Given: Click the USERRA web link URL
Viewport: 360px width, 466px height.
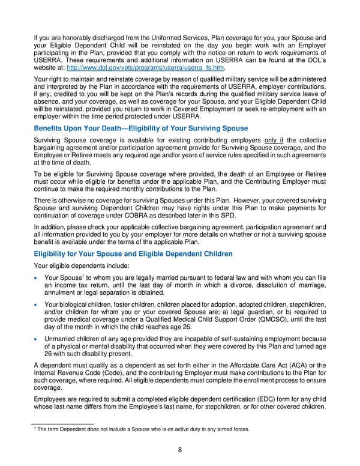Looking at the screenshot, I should pyautogui.click(x=136, y=67).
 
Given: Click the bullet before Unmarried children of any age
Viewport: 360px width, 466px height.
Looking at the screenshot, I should pyautogui.click(x=37, y=339).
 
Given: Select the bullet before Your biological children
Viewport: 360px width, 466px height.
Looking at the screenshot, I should pyautogui.click(x=37, y=305).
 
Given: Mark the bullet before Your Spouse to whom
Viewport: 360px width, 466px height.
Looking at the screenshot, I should pyautogui.click(x=37, y=277).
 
